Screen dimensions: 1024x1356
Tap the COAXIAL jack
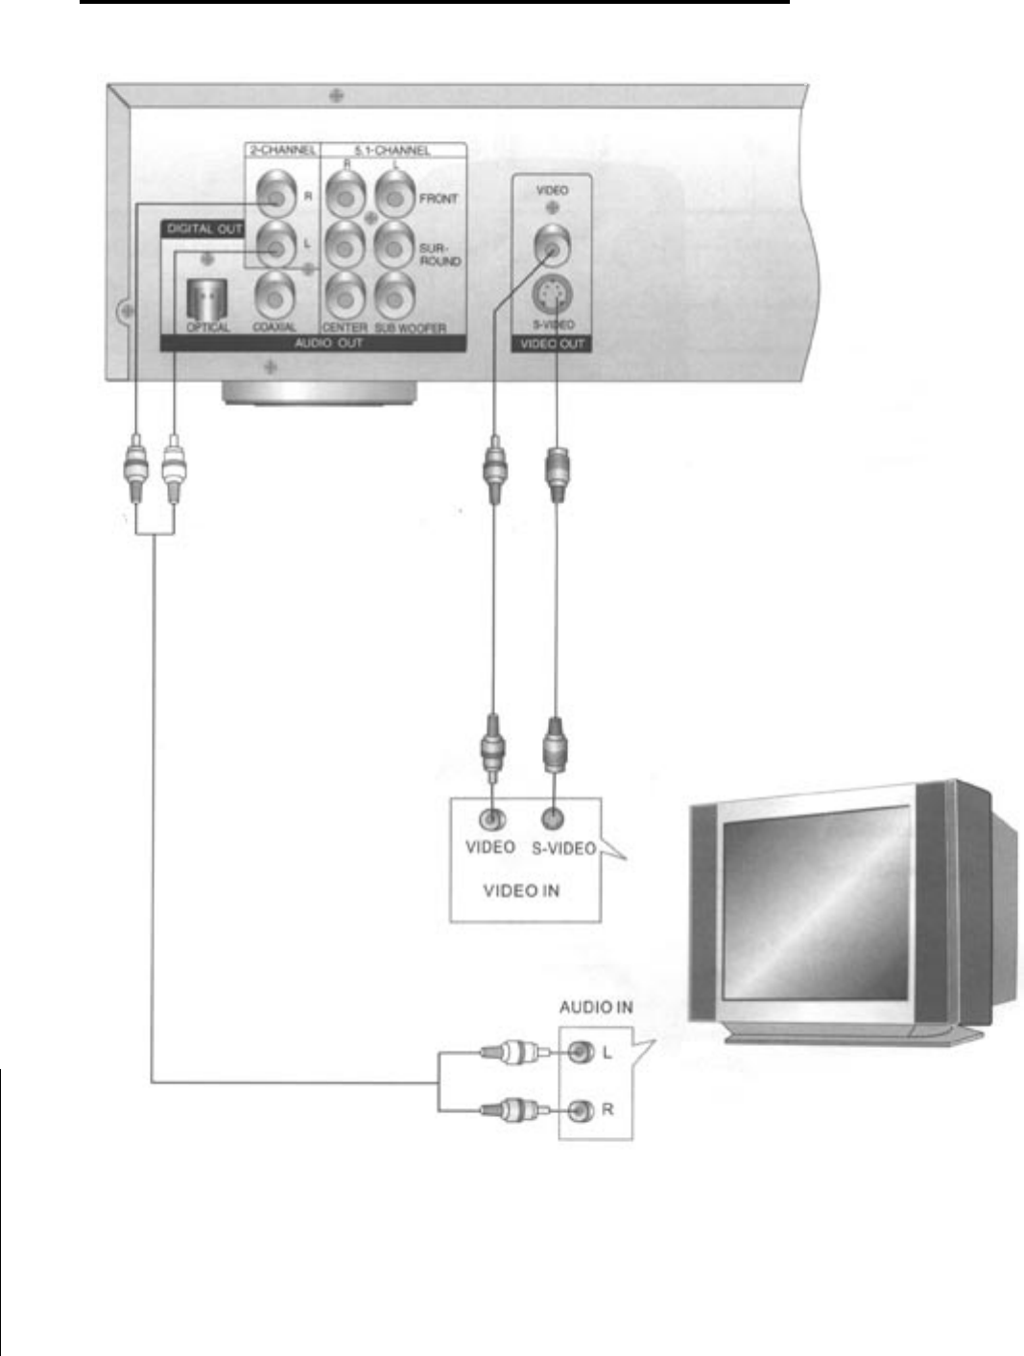point(275,295)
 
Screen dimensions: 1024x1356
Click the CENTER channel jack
point(343,295)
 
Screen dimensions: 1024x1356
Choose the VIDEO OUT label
point(552,343)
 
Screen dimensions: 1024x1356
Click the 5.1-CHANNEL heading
point(393,152)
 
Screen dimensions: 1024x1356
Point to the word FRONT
point(438,199)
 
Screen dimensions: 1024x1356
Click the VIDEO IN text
point(521,891)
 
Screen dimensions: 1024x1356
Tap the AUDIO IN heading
point(596,1008)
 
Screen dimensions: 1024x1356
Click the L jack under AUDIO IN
point(577,1053)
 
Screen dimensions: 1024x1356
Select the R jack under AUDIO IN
point(577,1111)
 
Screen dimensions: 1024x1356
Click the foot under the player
point(319,393)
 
